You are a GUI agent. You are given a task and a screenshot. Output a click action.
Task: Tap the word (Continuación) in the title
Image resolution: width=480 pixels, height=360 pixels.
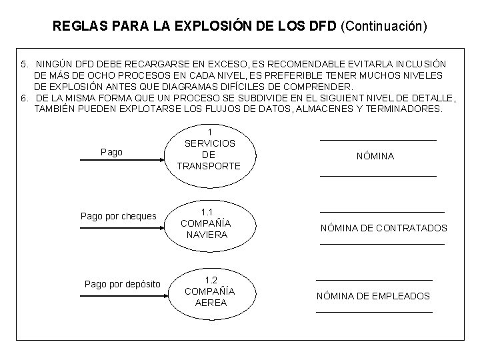(383, 27)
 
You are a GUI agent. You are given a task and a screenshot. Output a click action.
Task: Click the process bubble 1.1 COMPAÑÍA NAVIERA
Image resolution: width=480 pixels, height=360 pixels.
(205, 223)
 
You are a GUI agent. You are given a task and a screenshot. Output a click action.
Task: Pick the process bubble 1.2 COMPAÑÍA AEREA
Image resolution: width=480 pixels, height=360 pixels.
(209, 291)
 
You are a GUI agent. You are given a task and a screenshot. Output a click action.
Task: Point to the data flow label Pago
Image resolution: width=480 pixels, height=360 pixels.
(111, 152)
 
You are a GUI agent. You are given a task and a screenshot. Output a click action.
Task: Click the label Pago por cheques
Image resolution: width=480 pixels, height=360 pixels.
(118, 216)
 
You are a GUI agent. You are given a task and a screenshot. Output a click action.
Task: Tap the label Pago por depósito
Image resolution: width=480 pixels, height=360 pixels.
(123, 284)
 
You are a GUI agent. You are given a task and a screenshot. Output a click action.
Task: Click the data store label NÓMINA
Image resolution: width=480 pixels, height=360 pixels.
(375, 156)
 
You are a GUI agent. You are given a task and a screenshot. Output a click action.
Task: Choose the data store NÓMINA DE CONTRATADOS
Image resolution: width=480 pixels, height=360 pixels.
(383, 228)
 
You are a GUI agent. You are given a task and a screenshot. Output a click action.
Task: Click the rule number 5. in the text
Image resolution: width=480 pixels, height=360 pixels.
(25, 63)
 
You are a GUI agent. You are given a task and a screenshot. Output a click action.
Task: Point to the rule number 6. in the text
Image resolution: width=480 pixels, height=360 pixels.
(25, 98)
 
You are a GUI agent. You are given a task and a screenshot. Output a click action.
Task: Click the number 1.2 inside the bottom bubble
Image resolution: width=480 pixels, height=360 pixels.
(211, 280)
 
